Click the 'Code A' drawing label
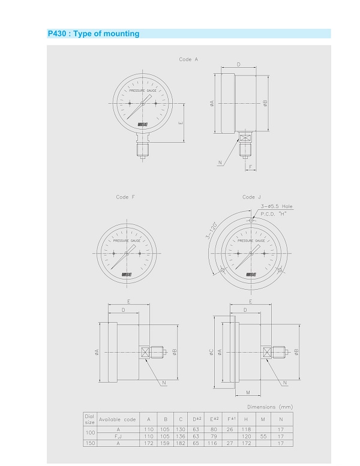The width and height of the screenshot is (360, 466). pyautogui.click(x=188, y=59)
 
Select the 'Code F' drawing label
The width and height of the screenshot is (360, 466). pyautogui.click(x=125, y=197)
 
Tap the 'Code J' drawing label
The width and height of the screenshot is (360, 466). pyautogui.click(x=251, y=197)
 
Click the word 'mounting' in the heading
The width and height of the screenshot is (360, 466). pyautogui.click(x=121, y=34)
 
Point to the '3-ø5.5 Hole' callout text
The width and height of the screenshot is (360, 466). pyautogui.click(x=277, y=206)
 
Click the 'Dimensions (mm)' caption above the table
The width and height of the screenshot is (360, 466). pyautogui.click(x=270, y=407)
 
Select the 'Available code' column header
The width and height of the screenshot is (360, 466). pyautogui.click(x=117, y=419)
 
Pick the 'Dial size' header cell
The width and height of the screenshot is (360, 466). pyautogui.click(x=89, y=419)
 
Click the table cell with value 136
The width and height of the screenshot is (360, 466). pyautogui.click(x=181, y=436)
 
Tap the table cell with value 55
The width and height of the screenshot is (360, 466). pyautogui.click(x=263, y=436)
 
